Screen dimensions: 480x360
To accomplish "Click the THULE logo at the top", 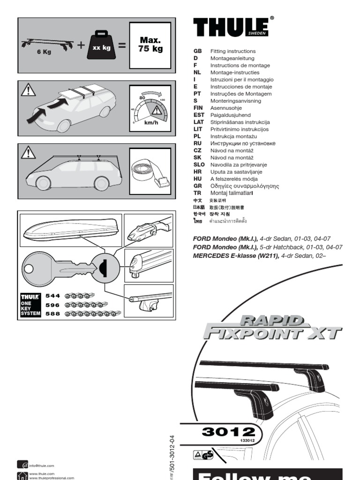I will pos(232,27).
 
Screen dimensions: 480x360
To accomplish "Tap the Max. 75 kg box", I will pos(150,45).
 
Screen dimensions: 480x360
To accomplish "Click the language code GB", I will pos(197,51).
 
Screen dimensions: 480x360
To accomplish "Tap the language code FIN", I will pos(198,108).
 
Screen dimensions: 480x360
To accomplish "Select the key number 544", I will pos(52,296).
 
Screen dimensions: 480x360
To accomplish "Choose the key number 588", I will pos(52,314).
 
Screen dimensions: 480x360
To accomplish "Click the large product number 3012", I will pos(228,432).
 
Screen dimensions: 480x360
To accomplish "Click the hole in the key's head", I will pos(30,269).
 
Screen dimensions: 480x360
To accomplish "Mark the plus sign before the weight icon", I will pos(82,45).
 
